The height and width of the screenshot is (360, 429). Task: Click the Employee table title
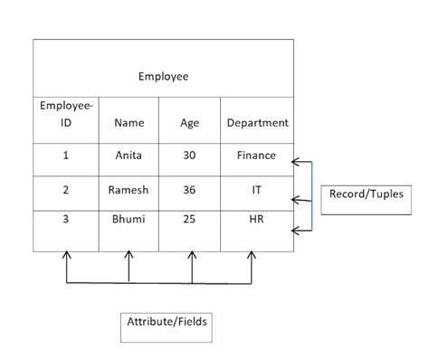pyautogui.click(x=163, y=77)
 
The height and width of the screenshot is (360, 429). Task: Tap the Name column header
pyautogui.click(x=129, y=123)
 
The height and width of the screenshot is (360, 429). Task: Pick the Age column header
pyautogui.click(x=190, y=123)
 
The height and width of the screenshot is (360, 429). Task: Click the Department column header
pyautogui.click(x=257, y=123)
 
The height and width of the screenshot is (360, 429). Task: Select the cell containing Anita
pyautogui.click(x=129, y=156)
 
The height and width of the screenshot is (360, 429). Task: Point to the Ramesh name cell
pyautogui.click(x=129, y=191)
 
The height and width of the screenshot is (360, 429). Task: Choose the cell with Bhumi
pyautogui.click(x=129, y=220)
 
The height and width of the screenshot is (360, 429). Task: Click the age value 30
pyautogui.click(x=190, y=156)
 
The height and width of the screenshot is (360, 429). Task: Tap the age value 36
pyautogui.click(x=190, y=191)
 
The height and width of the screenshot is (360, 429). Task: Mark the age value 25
pyautogui.click(x=190, y=220)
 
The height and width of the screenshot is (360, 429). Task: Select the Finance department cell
pyautogui.click(x=257, y=156)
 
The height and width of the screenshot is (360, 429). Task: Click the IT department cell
pyautogui.click(x=257, y=191)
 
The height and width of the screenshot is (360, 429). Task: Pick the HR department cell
pyautogui.click(x=257, y=220)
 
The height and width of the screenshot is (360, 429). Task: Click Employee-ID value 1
pyautogui.click(x=65, y=156)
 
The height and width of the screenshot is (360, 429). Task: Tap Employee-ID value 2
pyautogui.click(x=65, y=191)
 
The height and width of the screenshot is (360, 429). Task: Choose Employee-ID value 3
pyautogui.click(x=65, y=220)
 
